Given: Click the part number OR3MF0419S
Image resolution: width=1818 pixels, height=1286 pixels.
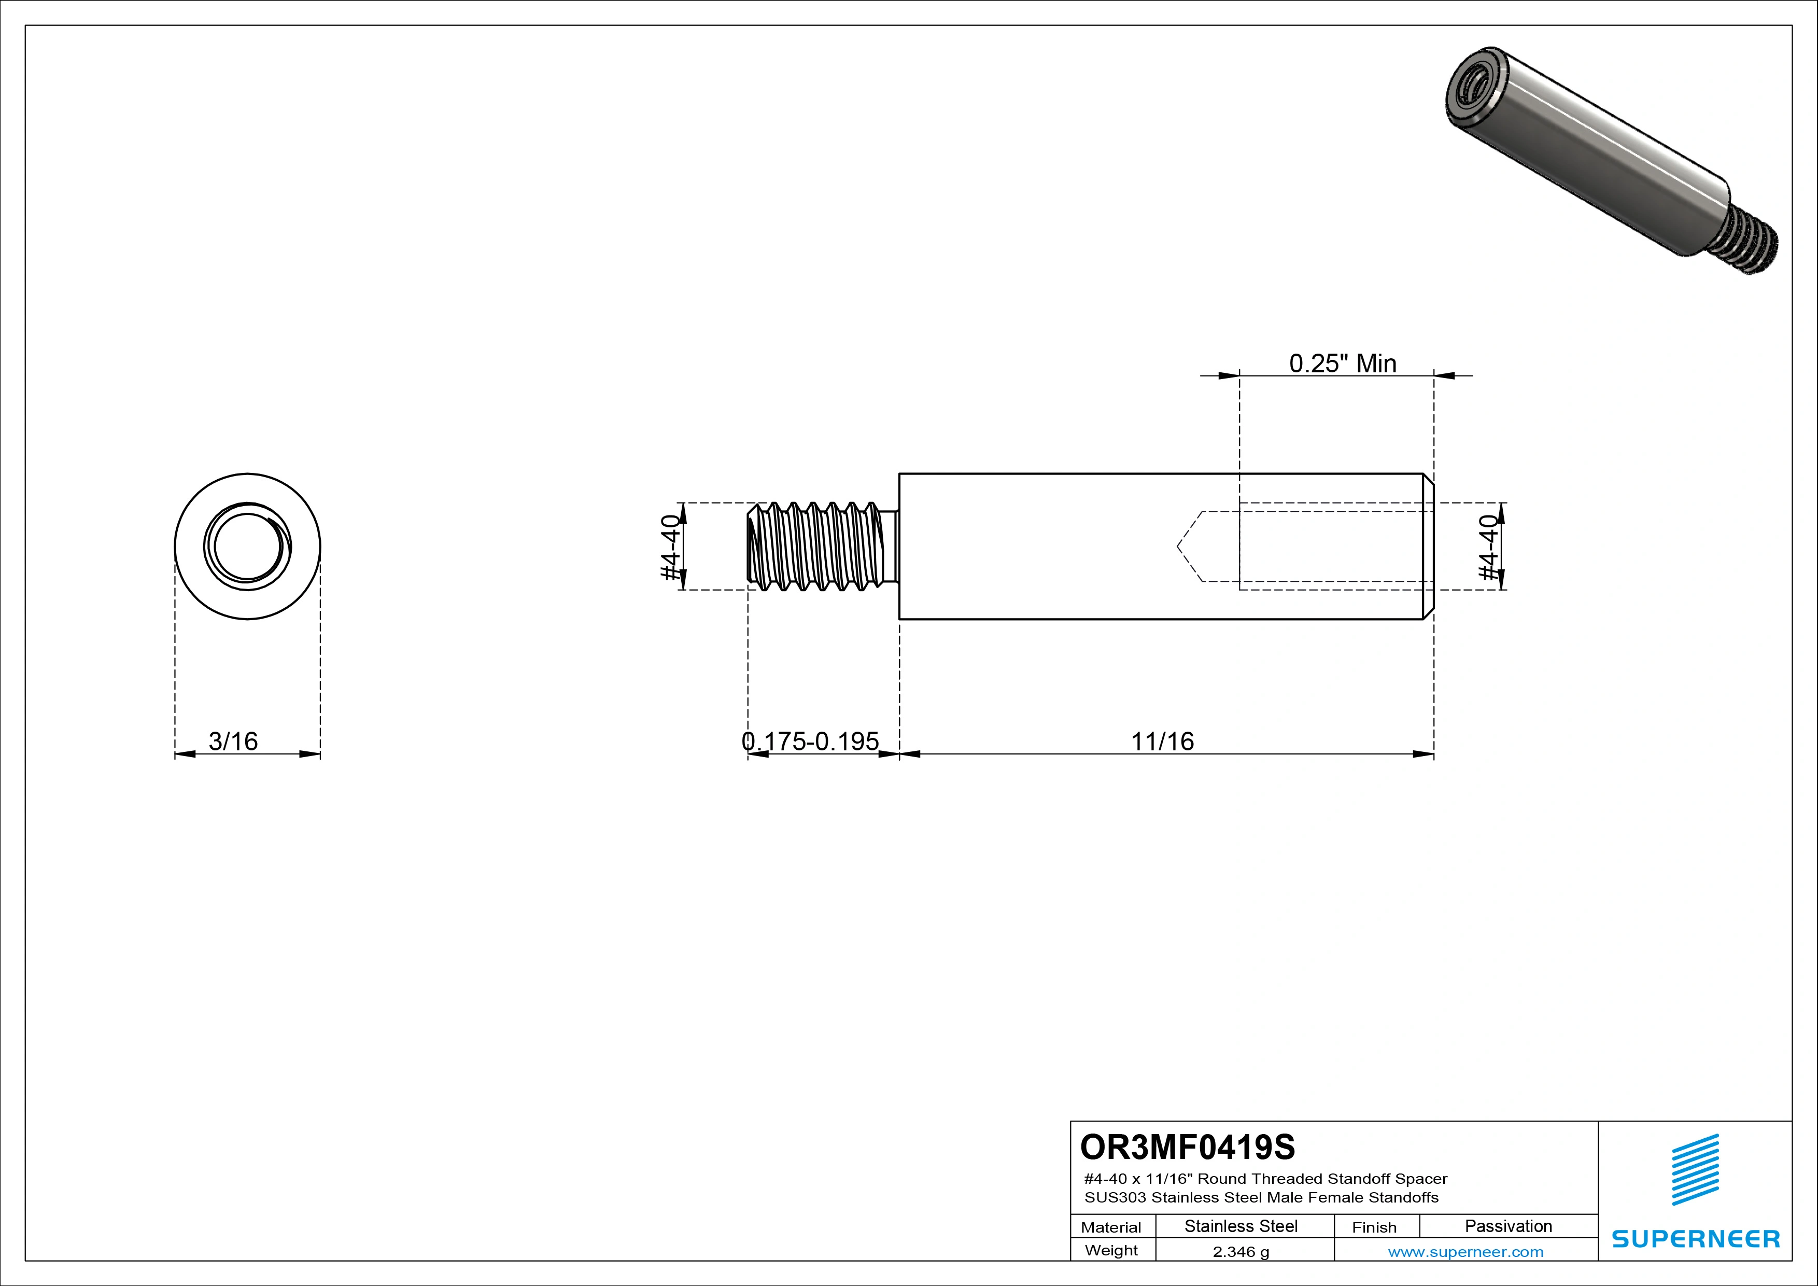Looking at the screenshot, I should (1187, 1147).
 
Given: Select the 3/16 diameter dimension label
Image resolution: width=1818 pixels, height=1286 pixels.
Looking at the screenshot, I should (233, 741).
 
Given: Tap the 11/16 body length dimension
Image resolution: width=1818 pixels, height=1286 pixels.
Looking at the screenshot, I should (1162, 741).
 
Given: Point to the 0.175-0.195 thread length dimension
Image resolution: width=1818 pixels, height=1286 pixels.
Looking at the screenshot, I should (810, 741).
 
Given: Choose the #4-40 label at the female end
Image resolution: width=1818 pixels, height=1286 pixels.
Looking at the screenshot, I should (1489, 547).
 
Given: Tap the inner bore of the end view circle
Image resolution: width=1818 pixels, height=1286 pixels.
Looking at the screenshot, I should (247, 547).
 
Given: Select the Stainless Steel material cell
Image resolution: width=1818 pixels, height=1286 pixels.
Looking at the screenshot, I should (1241, 1226).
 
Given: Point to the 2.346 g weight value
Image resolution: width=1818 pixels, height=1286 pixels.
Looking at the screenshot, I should (1241, 1252).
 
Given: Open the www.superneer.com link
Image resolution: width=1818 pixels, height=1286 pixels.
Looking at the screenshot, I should (1465, 1252).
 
